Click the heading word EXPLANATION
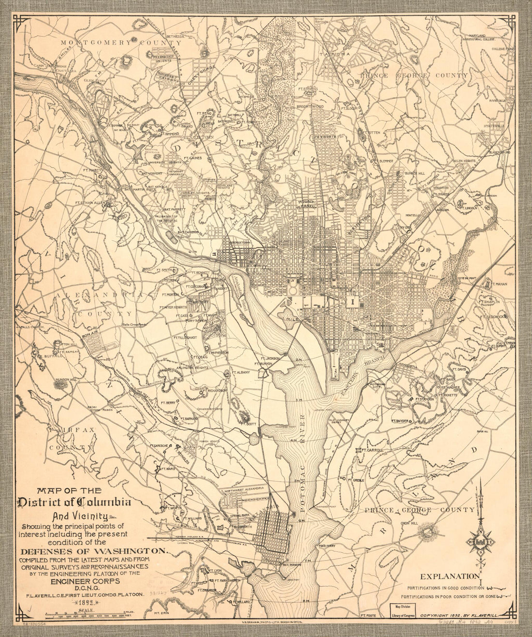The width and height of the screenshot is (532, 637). (449, 576)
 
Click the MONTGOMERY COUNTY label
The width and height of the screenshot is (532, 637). (103, 43)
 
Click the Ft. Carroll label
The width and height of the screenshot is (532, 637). (372, 450)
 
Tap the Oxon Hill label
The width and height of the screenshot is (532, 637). (410, 523)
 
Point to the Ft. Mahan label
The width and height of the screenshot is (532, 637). (499, 284)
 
